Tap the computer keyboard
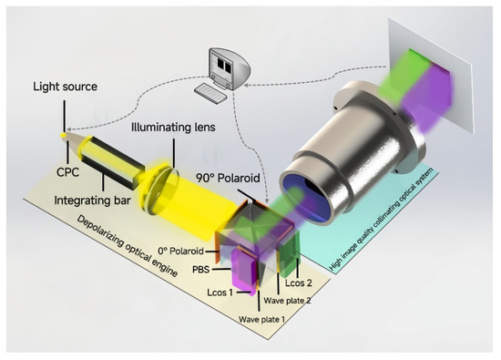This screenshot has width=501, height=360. (215, 91)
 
